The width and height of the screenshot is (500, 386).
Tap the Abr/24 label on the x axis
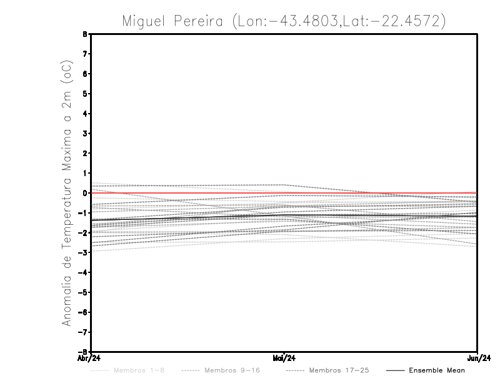[88, 358]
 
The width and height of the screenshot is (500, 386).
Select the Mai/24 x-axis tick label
[284, 358]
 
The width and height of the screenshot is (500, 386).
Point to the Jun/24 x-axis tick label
[477, 358]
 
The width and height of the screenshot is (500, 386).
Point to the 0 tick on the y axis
[84, 193]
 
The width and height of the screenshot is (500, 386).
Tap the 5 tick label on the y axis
[84, 94]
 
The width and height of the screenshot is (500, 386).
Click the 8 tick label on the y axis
[84, 34]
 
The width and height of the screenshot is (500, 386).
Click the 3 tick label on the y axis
[84, 134]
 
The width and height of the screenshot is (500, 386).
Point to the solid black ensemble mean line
[187, 217]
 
